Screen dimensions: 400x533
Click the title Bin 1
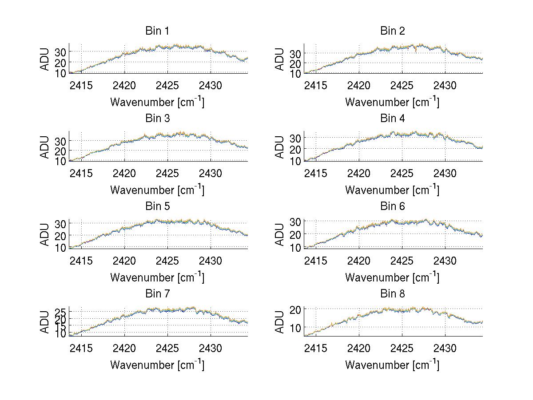157,31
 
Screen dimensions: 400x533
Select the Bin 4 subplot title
393,119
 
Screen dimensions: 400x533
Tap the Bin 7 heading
157,294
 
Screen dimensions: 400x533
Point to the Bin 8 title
393,294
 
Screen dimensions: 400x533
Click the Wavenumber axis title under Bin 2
392,102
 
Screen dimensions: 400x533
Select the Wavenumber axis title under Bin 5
157,277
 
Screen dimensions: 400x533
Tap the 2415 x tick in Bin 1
81,85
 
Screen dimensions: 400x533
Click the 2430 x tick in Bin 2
445,85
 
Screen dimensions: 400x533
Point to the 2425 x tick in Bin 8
402,348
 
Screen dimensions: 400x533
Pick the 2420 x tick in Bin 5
124,260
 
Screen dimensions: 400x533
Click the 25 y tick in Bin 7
61,311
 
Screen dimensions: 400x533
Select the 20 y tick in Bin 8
296,309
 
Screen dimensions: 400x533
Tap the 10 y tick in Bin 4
296,161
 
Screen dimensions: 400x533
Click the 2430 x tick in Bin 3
211,173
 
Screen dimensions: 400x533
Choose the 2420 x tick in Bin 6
359,260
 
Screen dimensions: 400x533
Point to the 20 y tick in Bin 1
61,63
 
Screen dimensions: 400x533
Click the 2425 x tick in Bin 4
402,173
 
